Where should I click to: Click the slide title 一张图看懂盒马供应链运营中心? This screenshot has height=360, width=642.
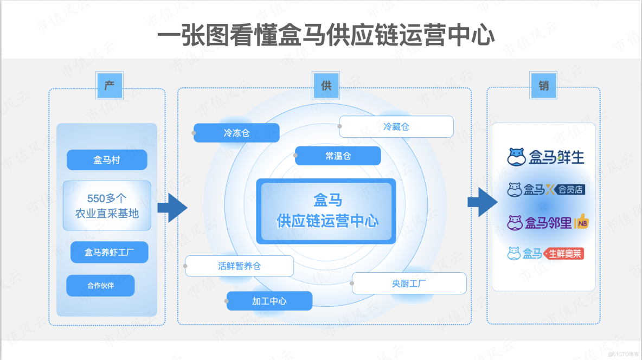[326, 36]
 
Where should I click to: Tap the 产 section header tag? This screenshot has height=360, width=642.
[110, 86]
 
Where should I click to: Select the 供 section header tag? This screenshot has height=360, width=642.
[326, 86]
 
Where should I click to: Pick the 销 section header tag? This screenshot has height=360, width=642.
[543, 86]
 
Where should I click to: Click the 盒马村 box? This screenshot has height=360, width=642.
[107, 160]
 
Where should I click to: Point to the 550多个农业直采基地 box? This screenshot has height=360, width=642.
[107, 206]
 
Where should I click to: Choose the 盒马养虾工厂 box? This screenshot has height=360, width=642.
[109, 252]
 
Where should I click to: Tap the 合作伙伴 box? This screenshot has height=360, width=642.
[100, 286]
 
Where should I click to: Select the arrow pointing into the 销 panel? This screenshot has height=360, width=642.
[482, 202]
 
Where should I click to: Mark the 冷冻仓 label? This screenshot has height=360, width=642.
[236, 133]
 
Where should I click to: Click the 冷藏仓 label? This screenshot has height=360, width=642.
[396, 127]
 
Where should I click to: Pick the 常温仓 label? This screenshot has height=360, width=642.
[338, 156]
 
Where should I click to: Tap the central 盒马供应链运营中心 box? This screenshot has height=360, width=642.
[327, 210]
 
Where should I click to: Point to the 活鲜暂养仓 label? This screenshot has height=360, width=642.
[239, 266]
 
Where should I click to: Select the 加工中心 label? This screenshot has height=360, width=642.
[269, 301]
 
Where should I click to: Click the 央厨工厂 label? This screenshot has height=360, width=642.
[409, 284]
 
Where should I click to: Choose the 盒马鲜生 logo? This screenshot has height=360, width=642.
[546, 157]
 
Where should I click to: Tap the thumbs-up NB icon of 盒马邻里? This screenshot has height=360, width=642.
[581, 221]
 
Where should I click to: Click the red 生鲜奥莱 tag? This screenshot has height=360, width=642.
[564, 253]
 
